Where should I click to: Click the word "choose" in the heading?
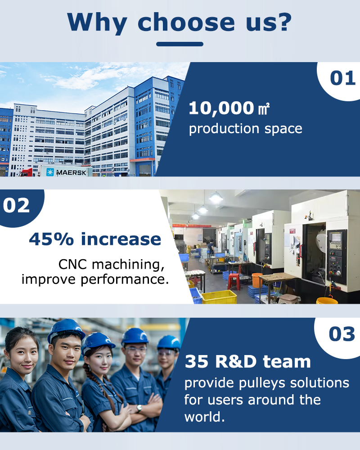(x=186, y=22)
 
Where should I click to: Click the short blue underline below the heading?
(x=180, y=44)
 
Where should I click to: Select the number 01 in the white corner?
(x=343, y=78)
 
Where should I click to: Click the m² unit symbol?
(x=264, y=109)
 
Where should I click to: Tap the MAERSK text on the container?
(x=71, y=172)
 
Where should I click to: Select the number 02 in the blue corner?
(x=16, y=206)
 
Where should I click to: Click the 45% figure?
(x=51, y=239)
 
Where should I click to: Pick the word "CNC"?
(x=72, y=264)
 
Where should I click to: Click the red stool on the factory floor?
(x=234, y=281)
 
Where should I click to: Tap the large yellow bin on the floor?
(x=219, y=297)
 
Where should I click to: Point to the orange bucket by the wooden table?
(x=257, y=280)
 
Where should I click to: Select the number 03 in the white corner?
(x=342, y=334)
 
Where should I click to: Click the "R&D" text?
(x=235, y=361)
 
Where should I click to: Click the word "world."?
(x=204, y=417)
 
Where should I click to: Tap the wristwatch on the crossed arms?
(x=139, y=408)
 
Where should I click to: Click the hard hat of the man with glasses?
(x=135, y=336)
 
